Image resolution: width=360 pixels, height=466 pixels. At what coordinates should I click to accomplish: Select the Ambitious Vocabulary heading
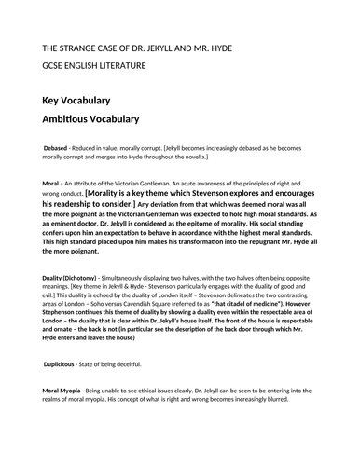[x=97, y=120]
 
